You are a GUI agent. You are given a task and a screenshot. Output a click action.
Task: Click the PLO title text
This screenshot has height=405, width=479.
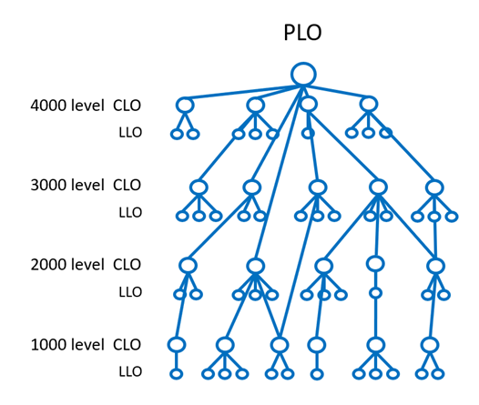(x=302, y=33)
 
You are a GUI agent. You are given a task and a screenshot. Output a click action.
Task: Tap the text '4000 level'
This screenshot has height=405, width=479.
(x=67, y=106)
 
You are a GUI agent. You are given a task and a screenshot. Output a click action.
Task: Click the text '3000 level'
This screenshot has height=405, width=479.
(x=67, y=185)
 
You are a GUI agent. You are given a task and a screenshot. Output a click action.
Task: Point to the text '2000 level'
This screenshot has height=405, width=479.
(x=67, y=265)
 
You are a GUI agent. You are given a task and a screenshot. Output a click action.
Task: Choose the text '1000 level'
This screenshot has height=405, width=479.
(x=67, y=345)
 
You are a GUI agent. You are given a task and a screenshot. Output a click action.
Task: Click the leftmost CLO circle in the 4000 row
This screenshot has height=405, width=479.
(x=185, y=98)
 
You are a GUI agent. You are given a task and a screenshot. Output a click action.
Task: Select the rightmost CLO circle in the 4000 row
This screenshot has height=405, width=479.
(x=369, y=97)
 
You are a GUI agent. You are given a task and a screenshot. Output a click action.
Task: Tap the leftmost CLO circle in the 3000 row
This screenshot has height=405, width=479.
(x=199, y=180)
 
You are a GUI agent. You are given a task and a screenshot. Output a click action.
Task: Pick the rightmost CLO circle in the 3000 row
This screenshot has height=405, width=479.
(x=434, y=180)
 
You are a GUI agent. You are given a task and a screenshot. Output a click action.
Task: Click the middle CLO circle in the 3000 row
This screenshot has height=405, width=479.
(x=318, y=180)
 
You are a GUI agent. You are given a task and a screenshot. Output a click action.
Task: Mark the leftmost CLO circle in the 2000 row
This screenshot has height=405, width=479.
(x=188, y=258)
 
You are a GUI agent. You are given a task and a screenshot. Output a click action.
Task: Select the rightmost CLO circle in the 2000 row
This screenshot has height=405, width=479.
(x=435, y=259)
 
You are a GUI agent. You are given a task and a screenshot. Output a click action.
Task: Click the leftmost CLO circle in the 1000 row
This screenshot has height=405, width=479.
(x=177, y=339)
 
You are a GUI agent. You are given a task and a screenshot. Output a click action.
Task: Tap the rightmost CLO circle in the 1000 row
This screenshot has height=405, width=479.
(x=430, y=339)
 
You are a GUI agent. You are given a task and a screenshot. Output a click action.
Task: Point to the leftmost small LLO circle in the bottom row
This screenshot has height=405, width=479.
(x=177, y=370)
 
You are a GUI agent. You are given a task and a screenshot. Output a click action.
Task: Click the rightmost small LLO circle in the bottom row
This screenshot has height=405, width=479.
(x=438, y=370)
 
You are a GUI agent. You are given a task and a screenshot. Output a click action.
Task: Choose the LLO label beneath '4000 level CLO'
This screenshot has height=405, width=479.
(x=130, y=133)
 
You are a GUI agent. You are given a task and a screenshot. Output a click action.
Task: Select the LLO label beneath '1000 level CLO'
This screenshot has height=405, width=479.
(x=130, y=371)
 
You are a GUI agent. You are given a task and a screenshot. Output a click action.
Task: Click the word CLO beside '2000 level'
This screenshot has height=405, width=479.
(x=127, y=265)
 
